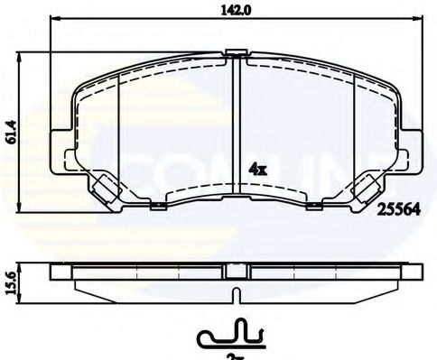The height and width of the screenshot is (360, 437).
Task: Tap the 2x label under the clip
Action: click(x=234, y=355)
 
